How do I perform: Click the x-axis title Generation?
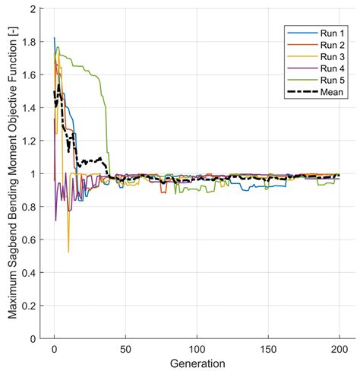coord(197,362)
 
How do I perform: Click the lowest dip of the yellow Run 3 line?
coord(68,252)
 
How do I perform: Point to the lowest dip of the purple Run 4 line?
coord(55,220)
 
